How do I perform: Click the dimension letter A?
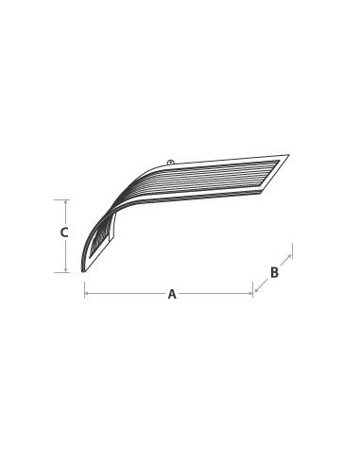click(172, 294)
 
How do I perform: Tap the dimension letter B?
click(274, 272)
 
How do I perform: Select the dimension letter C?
click(63, 232)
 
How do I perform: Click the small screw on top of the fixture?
click(170, 163)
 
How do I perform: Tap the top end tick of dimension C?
click(66, 200)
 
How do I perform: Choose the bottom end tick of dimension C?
click(66, 273)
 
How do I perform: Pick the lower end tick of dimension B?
click(253, 285)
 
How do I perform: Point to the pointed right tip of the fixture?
click(290, 155)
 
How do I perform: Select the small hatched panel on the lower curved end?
click(101, 242)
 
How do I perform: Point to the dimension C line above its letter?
click(66, 213)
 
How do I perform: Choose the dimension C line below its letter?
click(66, 255)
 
